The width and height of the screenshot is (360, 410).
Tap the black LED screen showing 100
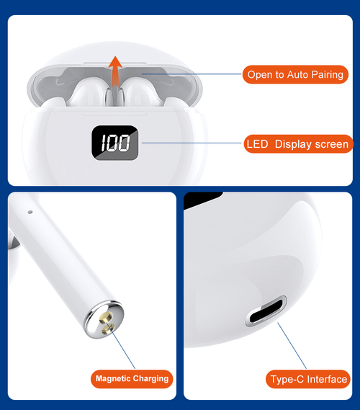(x=114, y=143)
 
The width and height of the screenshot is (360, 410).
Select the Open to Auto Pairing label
(x=295, y=74)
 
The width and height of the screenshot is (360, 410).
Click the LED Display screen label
(x=298, y=144)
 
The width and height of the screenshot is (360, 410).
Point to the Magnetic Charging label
(x=132, y=378)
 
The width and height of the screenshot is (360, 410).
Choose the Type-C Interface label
(x=307, y=379)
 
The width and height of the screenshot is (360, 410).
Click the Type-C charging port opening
(x=266, y=311)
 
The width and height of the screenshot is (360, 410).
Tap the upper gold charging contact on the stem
(x=106, y=316)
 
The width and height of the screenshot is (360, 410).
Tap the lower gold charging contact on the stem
(x=109, y=328)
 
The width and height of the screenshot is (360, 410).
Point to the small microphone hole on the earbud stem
(x=30, y=212)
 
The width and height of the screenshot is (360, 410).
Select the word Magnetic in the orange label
(x=113, y=378)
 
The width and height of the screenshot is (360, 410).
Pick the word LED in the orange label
(x=257, y=144)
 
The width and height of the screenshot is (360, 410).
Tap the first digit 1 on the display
(x=104, y=143)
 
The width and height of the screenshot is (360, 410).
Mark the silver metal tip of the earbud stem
(x=104, y=320)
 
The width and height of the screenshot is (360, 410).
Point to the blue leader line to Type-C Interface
(x=292, y=345)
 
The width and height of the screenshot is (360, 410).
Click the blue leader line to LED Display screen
(x=192, y=143)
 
